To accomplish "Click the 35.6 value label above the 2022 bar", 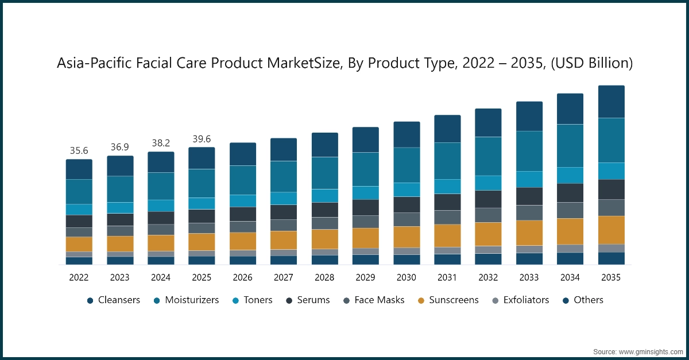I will (79, 151).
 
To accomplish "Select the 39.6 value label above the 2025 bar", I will (202, 139).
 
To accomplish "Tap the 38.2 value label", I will (161, 144).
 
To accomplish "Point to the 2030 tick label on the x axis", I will (407, 277).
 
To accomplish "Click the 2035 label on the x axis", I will (611, 277).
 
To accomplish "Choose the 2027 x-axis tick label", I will (284, 277).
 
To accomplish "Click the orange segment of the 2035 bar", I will (611, 230).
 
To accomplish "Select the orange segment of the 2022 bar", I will (79, 244).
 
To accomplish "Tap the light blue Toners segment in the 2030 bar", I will (407, 189).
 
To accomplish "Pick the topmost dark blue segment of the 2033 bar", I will (529, 116).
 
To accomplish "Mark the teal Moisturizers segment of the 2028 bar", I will (324, 173).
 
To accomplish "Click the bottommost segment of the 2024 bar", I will (161, 260).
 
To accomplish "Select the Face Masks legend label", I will (379, 300).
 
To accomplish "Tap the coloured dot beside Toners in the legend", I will (235, 300).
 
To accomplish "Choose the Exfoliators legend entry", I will (526, 300).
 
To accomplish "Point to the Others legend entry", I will (587, 300).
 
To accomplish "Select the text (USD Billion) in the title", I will (591, 64).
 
